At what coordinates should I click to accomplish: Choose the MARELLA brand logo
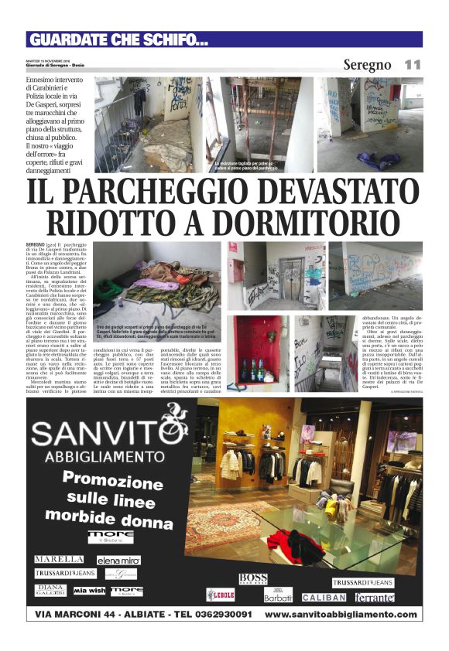(60, 559)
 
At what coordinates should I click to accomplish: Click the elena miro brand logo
(118, 560)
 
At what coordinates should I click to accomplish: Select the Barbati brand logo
(278, 595)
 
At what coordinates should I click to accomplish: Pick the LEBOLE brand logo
(220, 595)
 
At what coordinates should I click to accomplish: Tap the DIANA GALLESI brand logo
(50, 590)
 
